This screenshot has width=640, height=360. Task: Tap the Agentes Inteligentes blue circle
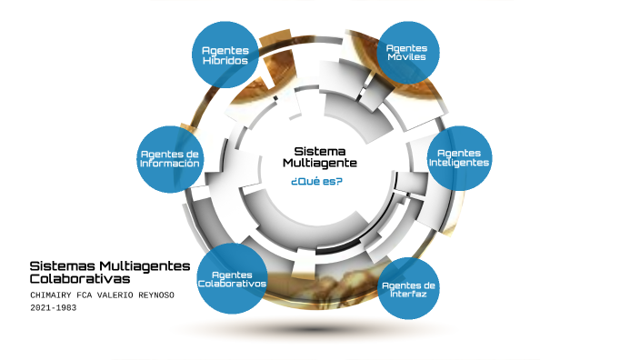coord(459,157)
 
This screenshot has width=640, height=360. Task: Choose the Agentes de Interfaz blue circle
coord(408,289)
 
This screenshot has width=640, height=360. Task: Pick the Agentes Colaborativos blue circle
coord(232,278)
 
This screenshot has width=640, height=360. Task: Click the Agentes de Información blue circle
coord(170,158)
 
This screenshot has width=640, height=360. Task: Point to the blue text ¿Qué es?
coord(316,181)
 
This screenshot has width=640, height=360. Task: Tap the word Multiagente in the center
coord(317,163)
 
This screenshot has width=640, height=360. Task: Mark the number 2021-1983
coord(55,307)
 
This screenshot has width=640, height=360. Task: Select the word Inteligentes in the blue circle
coord(459,163)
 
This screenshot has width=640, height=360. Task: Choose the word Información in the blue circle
coord(170,164)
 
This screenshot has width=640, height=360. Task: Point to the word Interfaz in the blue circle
coord(408,295)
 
